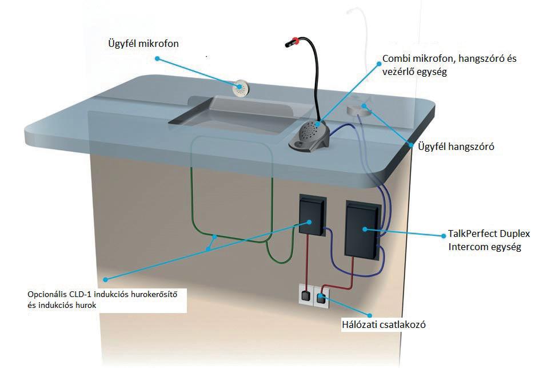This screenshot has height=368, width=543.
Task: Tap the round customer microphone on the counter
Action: pos(241,89)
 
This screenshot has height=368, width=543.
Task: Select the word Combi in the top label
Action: pos(397,60)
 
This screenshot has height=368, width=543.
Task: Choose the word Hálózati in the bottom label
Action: pos(357,325)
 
